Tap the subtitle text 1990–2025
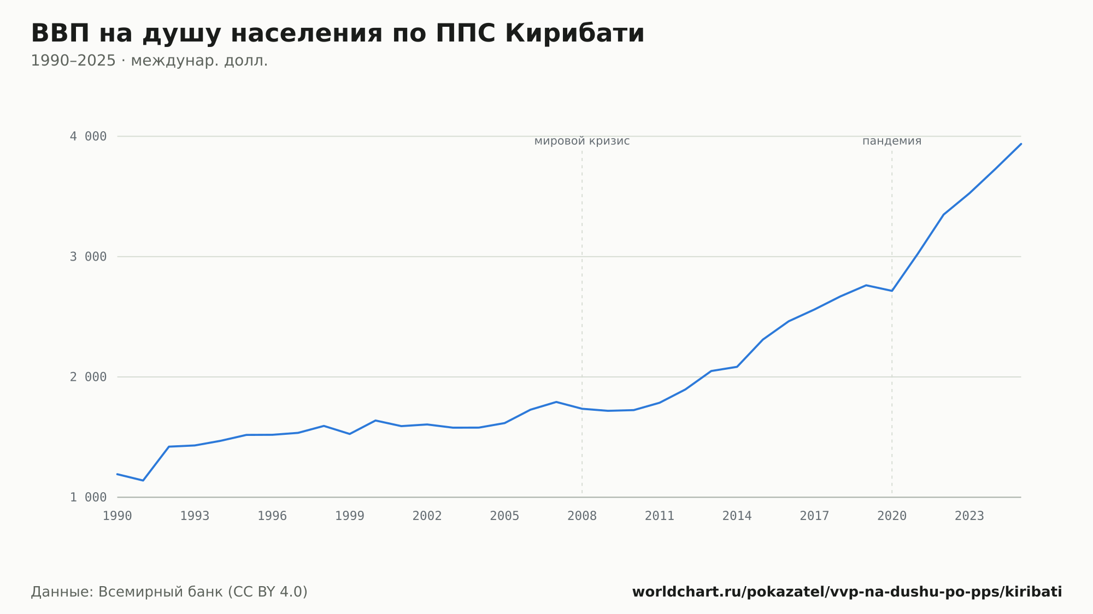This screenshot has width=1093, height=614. (x=73, y=61)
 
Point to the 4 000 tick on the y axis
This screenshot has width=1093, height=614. (x=88, y=137)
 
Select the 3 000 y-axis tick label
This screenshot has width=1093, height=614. (x=88, y=257)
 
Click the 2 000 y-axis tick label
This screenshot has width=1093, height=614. (x=88, y=377)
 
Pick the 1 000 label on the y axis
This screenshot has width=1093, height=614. (x=88, y=497)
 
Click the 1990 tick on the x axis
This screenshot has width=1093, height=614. (x=117, y=516)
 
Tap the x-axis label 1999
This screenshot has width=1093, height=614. (x=350, y=516)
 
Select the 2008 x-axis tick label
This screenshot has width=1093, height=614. (x=582, y=516)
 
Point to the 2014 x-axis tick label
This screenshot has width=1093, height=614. (x=737, y=516)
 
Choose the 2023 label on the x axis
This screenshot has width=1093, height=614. (x=969, y=516)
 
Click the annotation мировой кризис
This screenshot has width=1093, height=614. (x=582, y=141)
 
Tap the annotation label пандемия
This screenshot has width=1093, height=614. (x=892, y=141)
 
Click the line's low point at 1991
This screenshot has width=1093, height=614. (x=143, y=481)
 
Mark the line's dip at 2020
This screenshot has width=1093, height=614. (x=892, y=291)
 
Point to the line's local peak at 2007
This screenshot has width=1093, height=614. (x=556, y=402)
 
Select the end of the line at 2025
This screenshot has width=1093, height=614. (x=1021, y=144)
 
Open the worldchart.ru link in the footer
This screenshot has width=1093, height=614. (x=847, y=592)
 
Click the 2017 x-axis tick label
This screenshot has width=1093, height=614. (x=814, y=516)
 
